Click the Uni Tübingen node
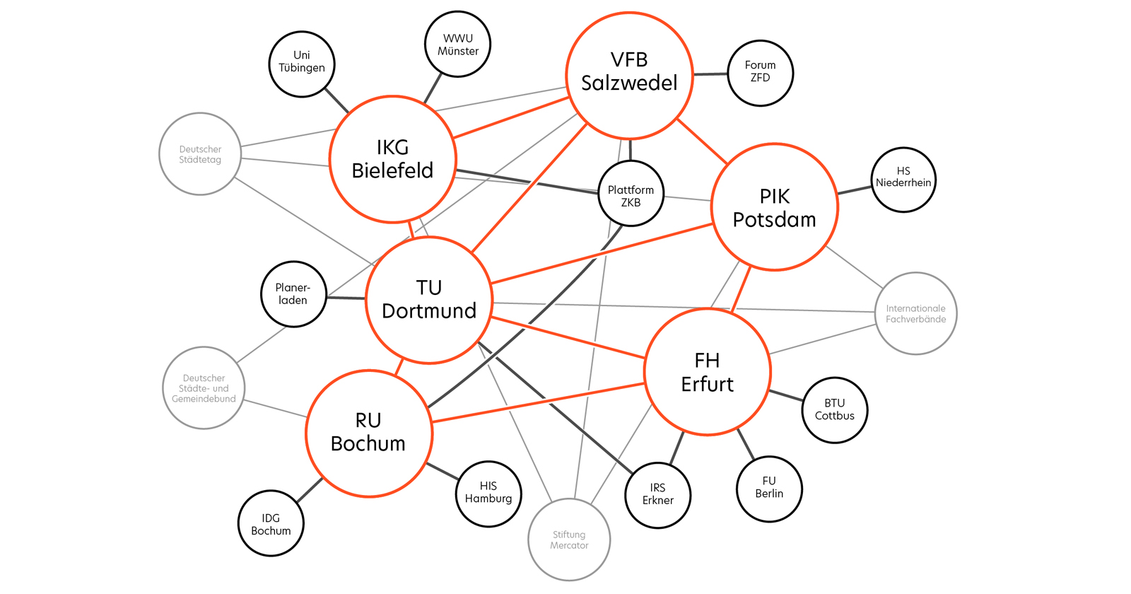pyautogui.click(x=302, y=64)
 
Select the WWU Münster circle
pyautogui.click(x=457, y=44)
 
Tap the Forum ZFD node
pyautogui.click(x=760, y=73)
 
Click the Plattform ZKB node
pyautogui.click(x=631, y=194)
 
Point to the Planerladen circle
pyautogui.click(x=293, y=293)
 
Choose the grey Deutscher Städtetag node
pyautogui.click(x=200, y=153)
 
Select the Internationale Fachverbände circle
pyautogui.click(x=915, y=313)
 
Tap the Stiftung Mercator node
pyautogui.click(x=569, y=540)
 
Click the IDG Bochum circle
pyautogui.click(x=271, y=523)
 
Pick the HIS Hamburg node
pyautogui.click(x=488, y=494)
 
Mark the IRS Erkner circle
pyautogui.click(x=658, y=495)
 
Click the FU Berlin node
pyautogui.click(x=769, y=489)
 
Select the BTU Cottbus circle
pyautogui.click(x=834, y=410)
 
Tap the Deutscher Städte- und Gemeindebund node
pyautogui.click(x=204, y=388)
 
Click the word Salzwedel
pyautogui.click(x=629, y=83)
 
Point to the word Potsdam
pyautogui.click(x=774, y=220)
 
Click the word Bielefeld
pyautogui.click(x=392, y=170)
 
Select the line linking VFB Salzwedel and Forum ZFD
pyautogui.click(x=709, y=74)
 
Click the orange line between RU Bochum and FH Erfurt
pyautogui.click(x=537, y=403)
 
